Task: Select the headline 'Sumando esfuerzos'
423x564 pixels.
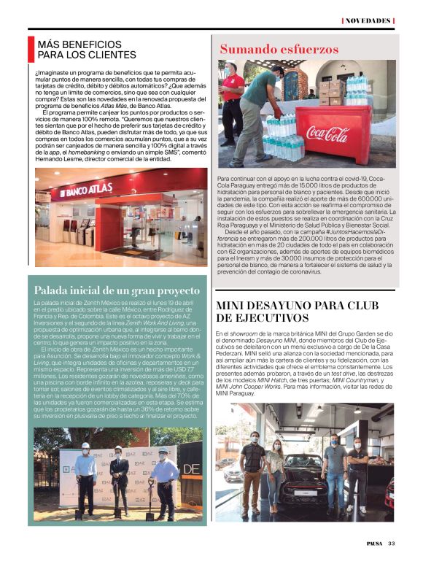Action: [x=279, y=50]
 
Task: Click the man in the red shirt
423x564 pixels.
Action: [x=233, y=98]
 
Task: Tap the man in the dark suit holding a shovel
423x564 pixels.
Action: [x=118, y=474]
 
